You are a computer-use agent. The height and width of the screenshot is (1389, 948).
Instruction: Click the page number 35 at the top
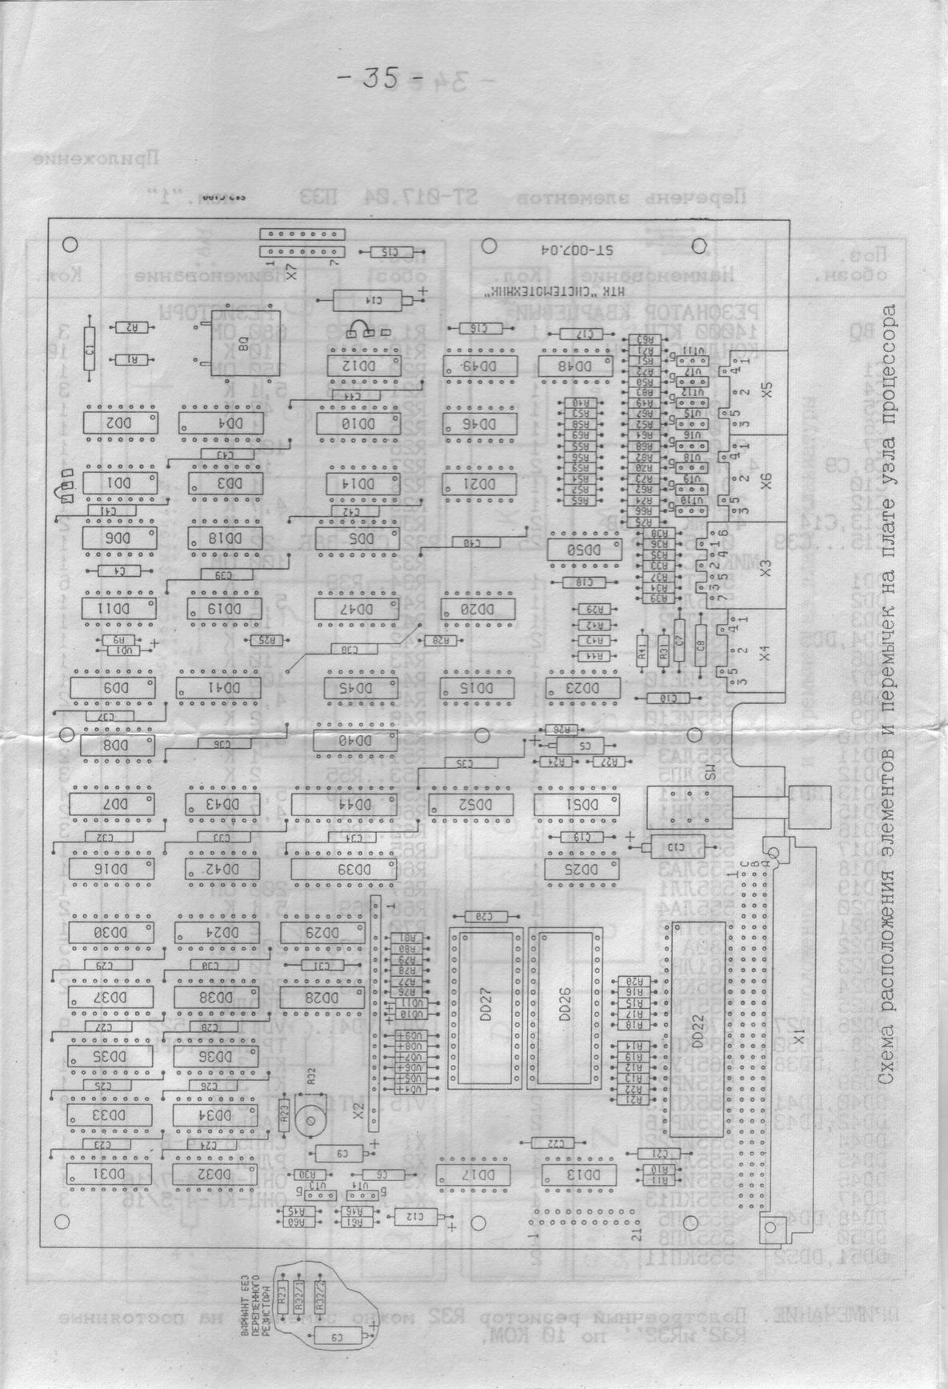click(x=376, y=78)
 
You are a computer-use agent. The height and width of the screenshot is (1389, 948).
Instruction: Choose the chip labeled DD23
click(x=582, y=686)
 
